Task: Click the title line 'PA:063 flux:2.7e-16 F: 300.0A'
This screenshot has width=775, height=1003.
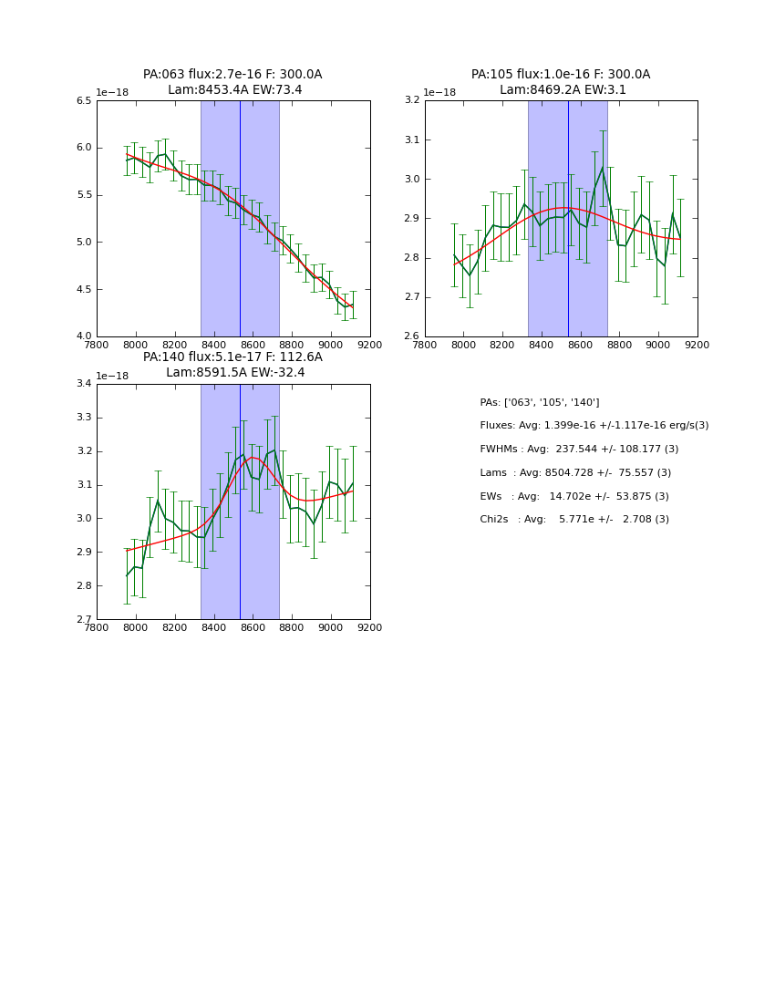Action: pos(232,75)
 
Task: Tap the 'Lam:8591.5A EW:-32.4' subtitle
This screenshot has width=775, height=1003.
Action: pos(235,373)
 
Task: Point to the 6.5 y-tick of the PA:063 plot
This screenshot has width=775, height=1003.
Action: pos(84,101)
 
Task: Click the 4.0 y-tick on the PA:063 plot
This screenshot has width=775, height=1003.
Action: pos(84,336)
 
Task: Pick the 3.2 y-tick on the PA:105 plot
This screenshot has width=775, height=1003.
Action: pos(412,101)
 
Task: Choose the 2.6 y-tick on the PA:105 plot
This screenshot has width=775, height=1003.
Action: pos(412,336)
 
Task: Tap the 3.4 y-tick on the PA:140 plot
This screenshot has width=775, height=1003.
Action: pos(84,384)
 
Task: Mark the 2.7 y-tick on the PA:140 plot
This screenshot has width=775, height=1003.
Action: pos(84,620)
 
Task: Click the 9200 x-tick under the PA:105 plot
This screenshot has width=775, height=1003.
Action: pos(697,346)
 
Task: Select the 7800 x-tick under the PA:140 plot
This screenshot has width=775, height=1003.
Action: pos(97,627)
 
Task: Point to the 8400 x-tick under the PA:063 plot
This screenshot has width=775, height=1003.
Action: pos(213,346)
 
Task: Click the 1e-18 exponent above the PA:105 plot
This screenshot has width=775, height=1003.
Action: pos(439,93)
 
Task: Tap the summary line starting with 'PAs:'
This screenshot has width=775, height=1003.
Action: pos(540,403)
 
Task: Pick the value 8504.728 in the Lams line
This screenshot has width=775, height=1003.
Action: pos(572,473)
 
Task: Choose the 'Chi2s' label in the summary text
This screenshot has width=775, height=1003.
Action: pos(495,520)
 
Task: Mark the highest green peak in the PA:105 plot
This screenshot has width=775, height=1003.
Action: pos(603,167)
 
